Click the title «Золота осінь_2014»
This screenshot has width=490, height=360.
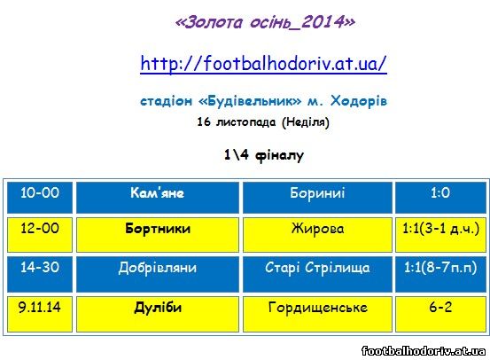click(265, 22)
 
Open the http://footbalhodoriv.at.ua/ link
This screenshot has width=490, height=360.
click(263, 64)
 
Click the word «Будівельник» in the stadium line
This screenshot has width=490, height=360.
click(250, 101)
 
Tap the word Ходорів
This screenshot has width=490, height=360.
click(359, 101)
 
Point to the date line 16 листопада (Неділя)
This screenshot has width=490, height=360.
click(263, 121)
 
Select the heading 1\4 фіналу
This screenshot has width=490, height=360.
click(264, 155)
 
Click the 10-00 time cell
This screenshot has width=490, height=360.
click(40, 198)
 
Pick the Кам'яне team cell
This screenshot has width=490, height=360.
click(158, 198)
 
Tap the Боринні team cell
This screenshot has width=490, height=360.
click(317, 198)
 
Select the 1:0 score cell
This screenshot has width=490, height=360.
click(440, 198)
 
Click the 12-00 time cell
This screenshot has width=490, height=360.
click(40, 235)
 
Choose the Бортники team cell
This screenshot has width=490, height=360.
click(158, 235)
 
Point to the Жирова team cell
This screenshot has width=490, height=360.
click(317, 235)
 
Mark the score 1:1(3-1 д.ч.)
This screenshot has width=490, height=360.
click(440, 229)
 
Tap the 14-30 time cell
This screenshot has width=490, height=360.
click(40, 274)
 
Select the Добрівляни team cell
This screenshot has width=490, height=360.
click(158, 274)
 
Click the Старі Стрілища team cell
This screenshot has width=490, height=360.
click(317, 274)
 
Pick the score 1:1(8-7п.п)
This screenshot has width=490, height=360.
click(440, 268)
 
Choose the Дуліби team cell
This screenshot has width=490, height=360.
click(158, 314)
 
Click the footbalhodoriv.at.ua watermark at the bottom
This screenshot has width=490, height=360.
click(424, 351)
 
